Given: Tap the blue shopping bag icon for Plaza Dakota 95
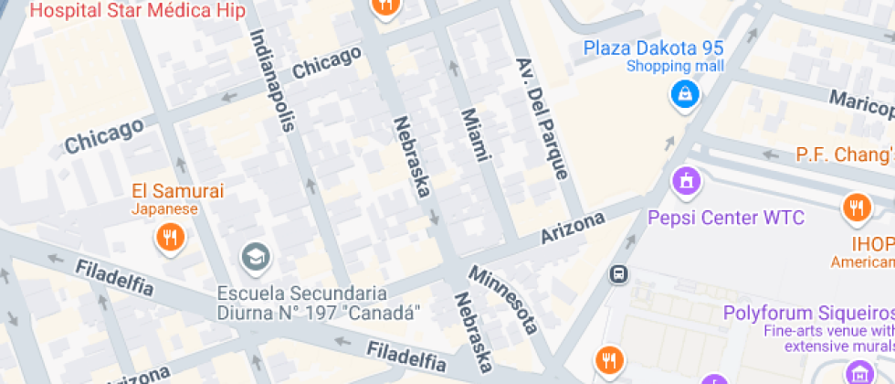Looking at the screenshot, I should click(x=684, y=93).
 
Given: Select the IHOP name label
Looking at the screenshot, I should click(x=872, y=244).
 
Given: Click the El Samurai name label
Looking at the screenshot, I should click(x=177, y=191).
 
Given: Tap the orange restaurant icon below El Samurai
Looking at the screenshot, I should click(x=170, y=239).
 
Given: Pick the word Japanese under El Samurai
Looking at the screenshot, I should click(x=163, y=209).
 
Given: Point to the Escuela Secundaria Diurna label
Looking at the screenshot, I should click(x=319, y=303).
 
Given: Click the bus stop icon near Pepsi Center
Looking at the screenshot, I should click(x=619, y=273).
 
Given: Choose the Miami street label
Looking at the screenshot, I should click(x=474, y=134).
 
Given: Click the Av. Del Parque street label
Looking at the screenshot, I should click(x=542, y=119).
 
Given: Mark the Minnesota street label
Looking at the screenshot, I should click(x=503, y=299).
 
